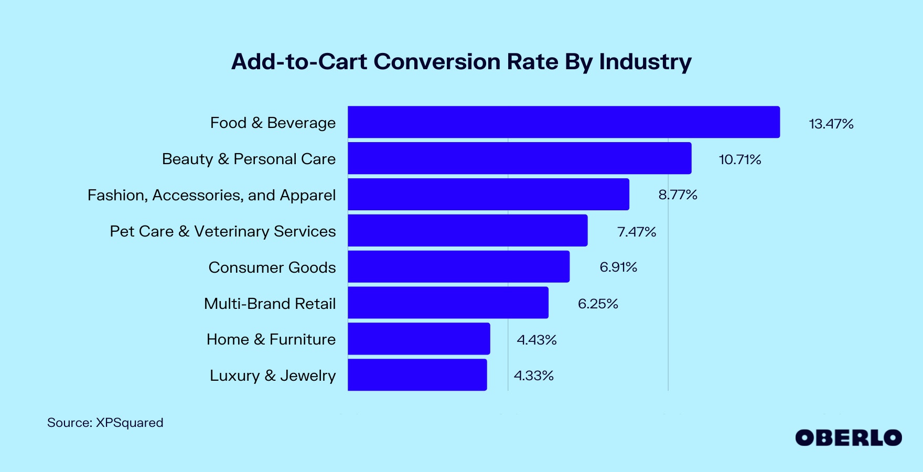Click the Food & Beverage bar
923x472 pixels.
564,122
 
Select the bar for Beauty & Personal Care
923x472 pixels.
519,158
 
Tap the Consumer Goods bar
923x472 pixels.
458,266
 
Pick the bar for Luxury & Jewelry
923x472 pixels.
417,375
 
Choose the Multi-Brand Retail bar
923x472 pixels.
448,303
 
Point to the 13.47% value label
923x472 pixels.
831,124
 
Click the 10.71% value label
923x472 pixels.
739,159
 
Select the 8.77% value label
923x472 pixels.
678,195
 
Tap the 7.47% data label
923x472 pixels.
637,232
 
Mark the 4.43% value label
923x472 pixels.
536,340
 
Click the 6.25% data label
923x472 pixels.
598,304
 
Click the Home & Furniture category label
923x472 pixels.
271,339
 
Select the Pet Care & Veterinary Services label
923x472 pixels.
223,231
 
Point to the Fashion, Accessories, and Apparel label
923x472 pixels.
211,195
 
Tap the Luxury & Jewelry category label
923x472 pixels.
273,376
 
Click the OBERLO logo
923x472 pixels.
848,438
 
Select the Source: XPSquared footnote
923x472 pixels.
105,423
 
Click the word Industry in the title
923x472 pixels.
645,62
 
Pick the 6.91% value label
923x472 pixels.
618,267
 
